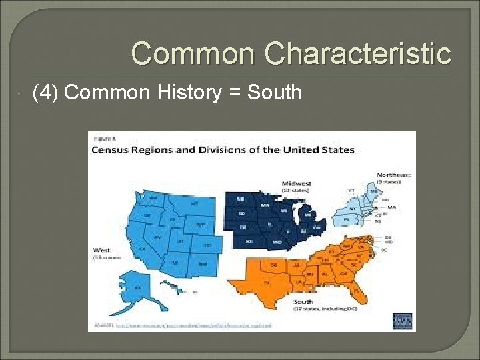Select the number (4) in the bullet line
(45, 92)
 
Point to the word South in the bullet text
(275, 92)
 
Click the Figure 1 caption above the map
(101, 139)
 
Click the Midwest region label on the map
(295, 182)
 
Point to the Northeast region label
(393, 175)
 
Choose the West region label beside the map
(100, 252)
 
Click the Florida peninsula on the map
(361, 291)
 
